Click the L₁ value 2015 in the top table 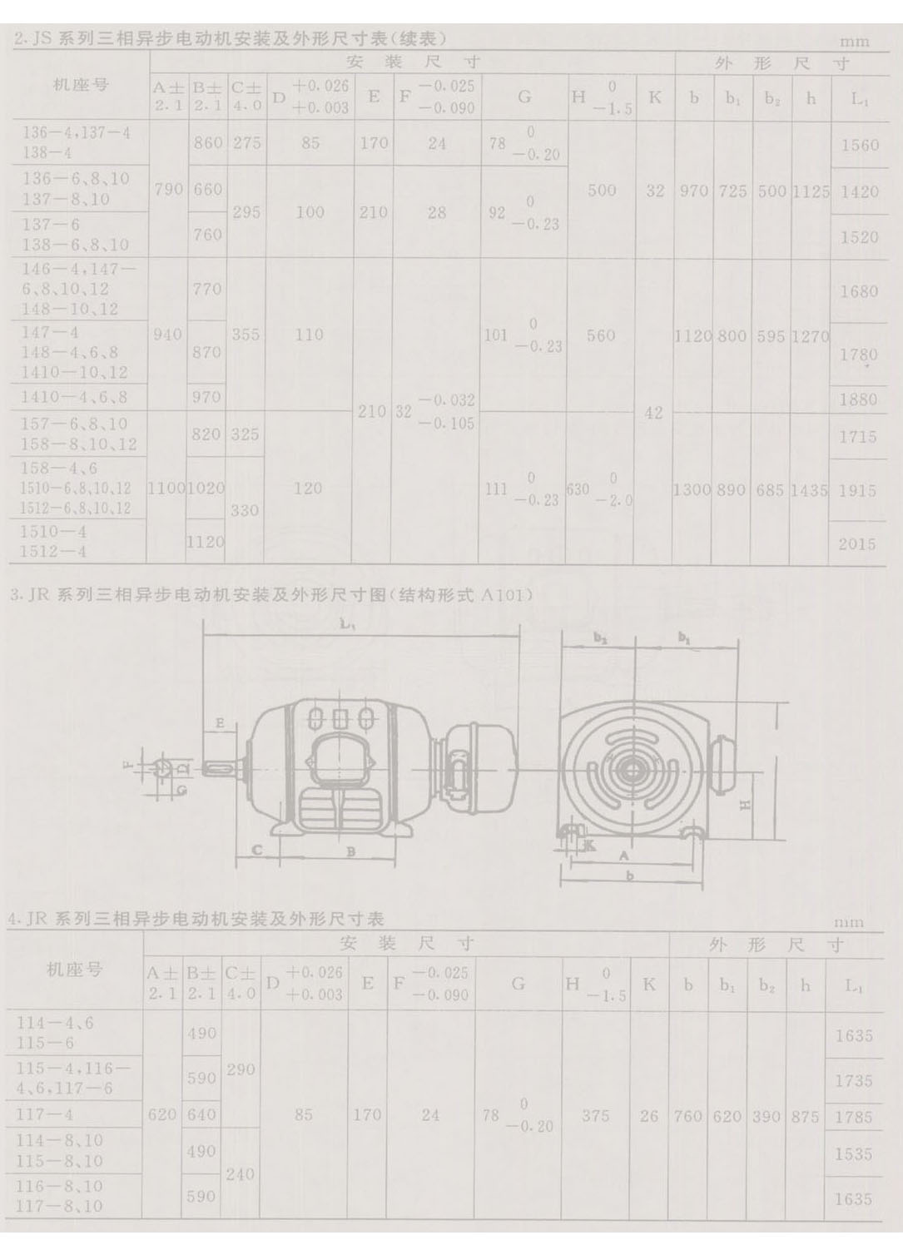pos(858,543)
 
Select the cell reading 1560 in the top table pos(860,145)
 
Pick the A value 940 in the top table pos(167,335)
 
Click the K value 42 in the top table pos(653,412)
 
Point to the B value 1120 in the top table pos(206,542)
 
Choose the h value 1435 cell pos(809,490)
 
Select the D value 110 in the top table pos(308,334)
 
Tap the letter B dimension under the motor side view pos(351,851)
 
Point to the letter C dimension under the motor pos(257,850)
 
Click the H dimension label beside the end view pos(746,805)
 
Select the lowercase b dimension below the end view pos(629,875)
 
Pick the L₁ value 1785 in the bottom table pos(853,1117)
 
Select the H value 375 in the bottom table pos(595,1115)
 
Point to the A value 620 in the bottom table pos(161,1114)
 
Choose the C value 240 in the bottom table pos(240,1173)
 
